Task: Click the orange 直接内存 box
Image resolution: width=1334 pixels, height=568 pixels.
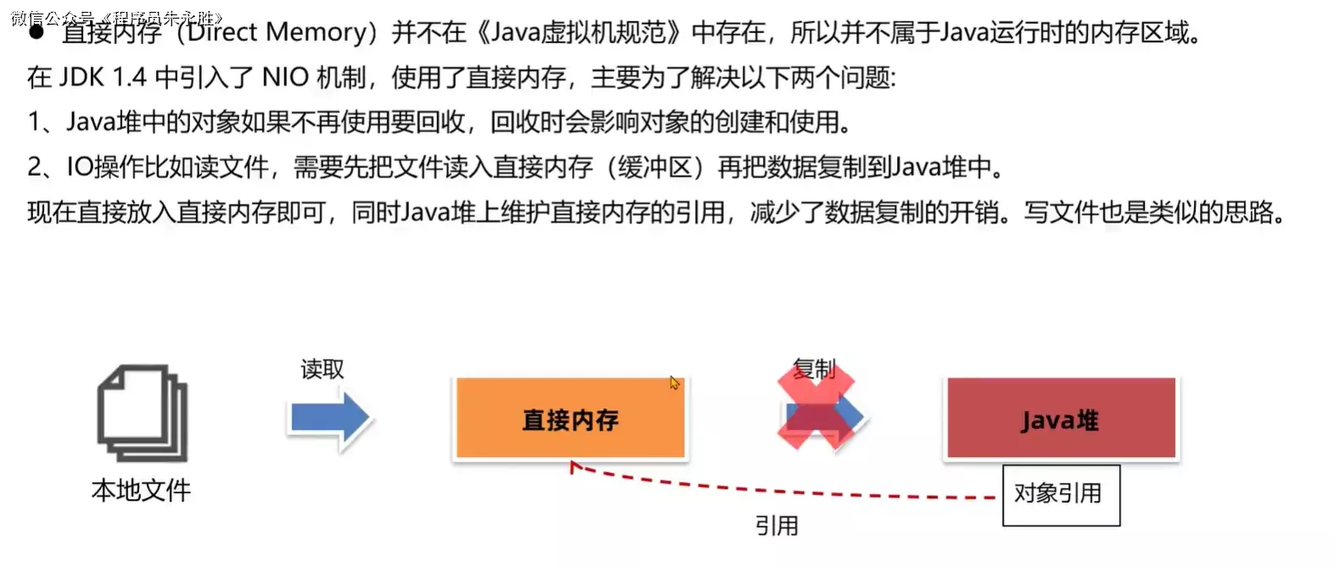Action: tap(570, 419)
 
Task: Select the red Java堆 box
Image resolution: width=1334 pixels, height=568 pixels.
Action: tap(1061, 419)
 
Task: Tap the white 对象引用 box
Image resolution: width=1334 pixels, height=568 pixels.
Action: tap(1061, 494)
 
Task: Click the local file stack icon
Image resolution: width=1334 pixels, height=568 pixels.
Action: tap(142, 413)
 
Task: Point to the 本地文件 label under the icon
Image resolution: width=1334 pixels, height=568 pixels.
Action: tap(141, 490)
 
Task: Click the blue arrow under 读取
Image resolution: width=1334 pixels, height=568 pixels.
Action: tap(329, 418)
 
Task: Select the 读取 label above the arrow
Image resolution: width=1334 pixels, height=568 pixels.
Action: tap(322, 369)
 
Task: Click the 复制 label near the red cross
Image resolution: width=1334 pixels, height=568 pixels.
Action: tap(814, 369)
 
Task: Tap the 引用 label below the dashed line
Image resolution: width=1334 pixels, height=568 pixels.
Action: tap(776, 526)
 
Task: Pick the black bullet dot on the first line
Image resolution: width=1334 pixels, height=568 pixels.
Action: tap(36, 33)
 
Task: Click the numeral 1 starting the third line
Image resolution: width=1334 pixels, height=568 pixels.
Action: tap(34, 122)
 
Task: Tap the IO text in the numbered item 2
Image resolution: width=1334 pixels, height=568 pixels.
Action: tap(80, 167)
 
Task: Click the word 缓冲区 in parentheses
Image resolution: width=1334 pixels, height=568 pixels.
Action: tap(655, 167)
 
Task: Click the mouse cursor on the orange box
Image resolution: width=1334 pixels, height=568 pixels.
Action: tap(675, 383)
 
